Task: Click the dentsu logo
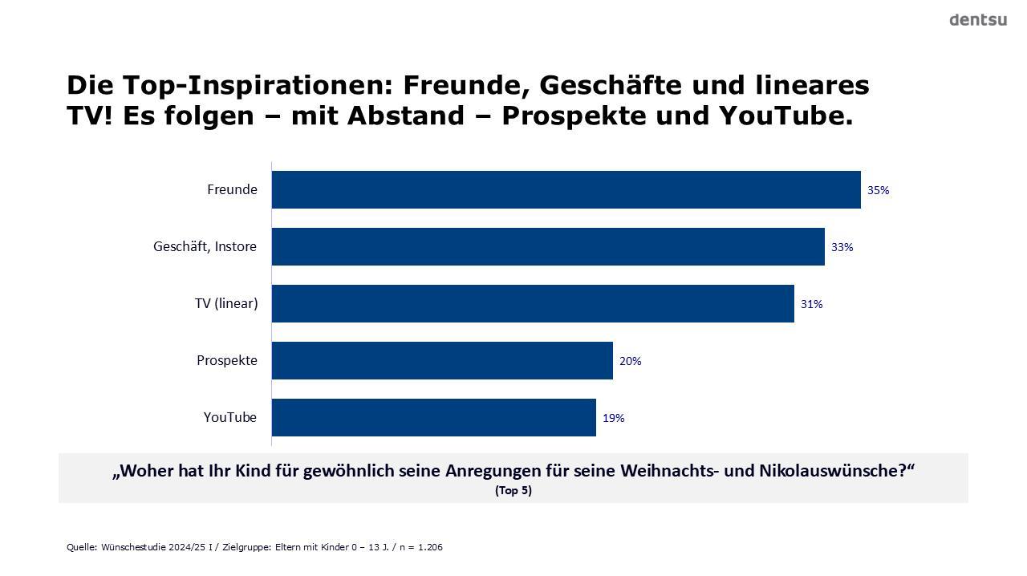tap(977, 20)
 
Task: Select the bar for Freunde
tap(566, 189)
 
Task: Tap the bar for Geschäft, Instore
tap(548, 246)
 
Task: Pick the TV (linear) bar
tap(533, 303)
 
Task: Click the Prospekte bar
tap(442, 360)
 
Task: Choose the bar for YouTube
tap(434, 417)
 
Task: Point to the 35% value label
tap(878, 191)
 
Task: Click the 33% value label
tap(842, 248)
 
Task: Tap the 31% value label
tap(811, 305)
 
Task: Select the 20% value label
tap(630, 362)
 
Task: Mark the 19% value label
tap(613, 419)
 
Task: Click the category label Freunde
tap(232, 190)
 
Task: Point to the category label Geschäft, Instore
tap(205, 247)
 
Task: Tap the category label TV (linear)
tap(225, 304)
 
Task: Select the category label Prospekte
tap(227, 361)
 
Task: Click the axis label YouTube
tap(230, 418)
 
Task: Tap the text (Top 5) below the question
tap(513, 491)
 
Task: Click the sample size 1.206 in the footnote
tap(431, 548)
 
